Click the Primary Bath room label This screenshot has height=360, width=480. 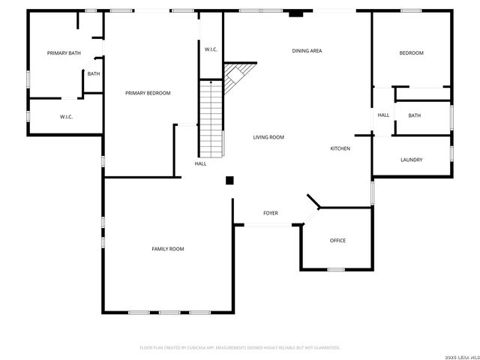64,53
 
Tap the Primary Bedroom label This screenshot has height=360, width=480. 148,93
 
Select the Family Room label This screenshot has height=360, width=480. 168,249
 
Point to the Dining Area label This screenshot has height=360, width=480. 307,51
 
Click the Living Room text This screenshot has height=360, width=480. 268,137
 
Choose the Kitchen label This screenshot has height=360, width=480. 340,148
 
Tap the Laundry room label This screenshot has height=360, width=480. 412,160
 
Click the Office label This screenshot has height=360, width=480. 338,241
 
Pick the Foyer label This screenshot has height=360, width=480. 271,213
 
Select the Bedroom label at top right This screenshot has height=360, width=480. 411,53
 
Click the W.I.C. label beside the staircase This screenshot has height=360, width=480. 211,49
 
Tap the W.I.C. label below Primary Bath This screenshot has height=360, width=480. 66,117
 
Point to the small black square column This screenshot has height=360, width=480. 230,180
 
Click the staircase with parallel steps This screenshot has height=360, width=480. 211,116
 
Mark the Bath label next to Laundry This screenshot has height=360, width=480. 415,115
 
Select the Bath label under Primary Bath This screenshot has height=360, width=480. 94,73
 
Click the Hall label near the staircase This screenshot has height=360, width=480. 201,163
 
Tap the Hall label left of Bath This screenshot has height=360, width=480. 383,115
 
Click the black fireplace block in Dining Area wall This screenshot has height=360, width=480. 297,12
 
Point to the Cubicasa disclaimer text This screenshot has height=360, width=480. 240,348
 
